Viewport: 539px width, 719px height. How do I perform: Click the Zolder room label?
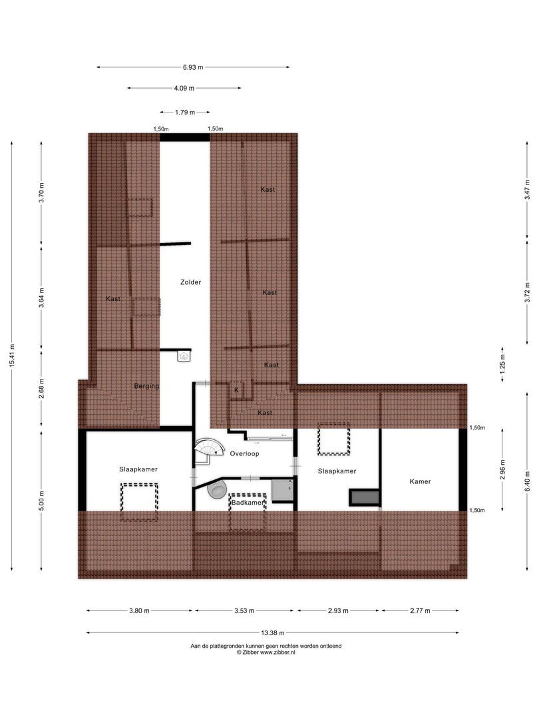(x=190, y=282)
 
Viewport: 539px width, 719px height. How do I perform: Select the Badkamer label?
(x=246, y=503)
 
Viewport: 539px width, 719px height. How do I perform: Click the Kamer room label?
(x=420, y=481)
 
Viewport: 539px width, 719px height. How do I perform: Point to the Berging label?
(x=146, y=385)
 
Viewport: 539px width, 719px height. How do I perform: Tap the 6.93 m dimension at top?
(x=193, y=67)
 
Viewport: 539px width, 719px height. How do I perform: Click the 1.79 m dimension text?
(x=185, y=113)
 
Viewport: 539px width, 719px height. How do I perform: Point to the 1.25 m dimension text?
(x=502, y=363)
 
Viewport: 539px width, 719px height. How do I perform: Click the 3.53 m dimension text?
(x=244, y=610)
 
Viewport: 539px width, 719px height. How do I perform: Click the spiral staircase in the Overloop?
(x=208, y=451)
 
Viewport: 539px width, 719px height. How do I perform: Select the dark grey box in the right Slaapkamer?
(x=365, y=497)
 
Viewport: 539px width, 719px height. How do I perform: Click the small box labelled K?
(x=236, y=390)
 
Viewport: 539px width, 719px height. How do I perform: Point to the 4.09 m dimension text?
(x=184, y=89)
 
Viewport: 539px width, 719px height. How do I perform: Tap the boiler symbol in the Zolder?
(x=184, y=357)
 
